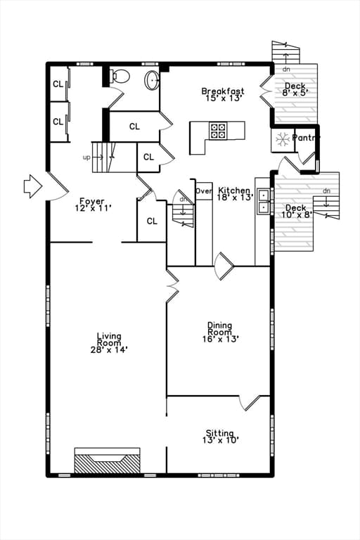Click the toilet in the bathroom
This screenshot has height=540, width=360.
120,76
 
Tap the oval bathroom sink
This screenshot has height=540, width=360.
152,80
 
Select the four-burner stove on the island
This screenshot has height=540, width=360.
218,131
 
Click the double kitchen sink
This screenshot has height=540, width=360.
264,202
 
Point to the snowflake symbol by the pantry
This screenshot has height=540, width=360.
283,139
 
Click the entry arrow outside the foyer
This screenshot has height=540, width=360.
33,186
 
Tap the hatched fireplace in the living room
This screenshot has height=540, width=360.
108,463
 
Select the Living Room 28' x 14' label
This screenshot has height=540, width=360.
109,342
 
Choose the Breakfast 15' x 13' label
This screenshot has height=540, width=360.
223,94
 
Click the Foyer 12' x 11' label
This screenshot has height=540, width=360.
93,204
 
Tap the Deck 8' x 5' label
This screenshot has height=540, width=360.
295,89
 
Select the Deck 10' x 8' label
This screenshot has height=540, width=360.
296,211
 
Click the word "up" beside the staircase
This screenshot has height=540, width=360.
86,157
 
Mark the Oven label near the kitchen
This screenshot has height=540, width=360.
204,191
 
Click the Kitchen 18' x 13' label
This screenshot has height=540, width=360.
235,193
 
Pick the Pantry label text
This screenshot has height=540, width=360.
306,138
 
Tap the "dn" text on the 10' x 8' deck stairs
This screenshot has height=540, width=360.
326,191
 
